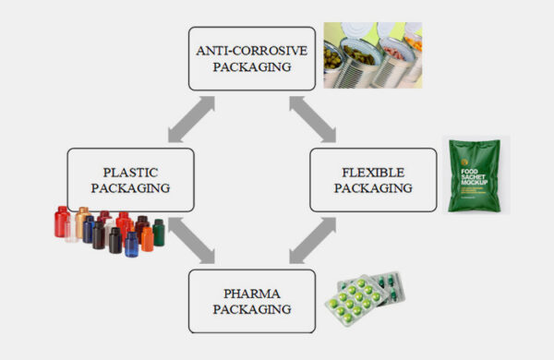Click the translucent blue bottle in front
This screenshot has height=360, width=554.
coord(131,243)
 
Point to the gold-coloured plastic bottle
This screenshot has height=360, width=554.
coord(84,222)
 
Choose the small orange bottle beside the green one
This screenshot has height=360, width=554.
coord(147,239)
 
